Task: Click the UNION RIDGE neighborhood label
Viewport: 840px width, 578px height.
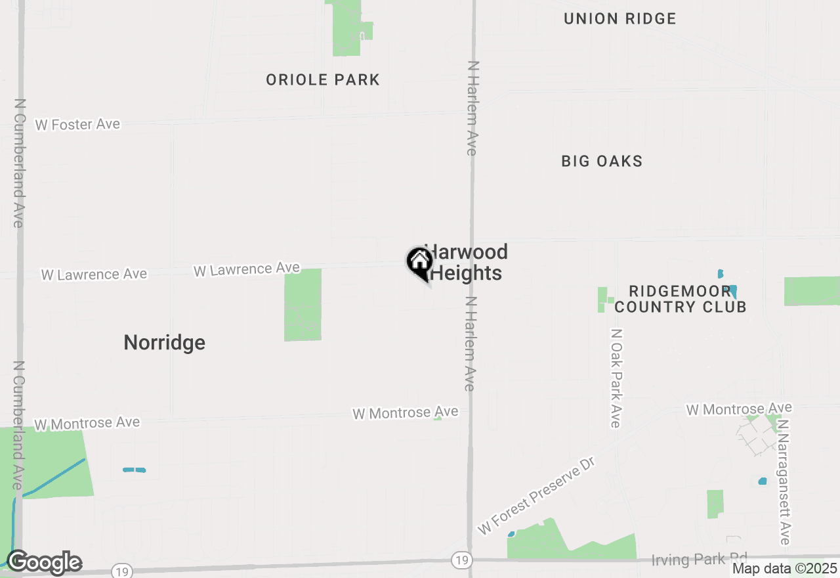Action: click(x=619, y=18)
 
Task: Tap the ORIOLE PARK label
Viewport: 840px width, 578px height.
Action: click(x=323, y=80)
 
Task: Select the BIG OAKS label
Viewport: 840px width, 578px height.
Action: click(x=602, y=161)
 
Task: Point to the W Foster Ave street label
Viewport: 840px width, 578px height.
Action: click(x=77, y=124)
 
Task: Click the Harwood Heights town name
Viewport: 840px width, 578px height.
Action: click(x=466, y=263)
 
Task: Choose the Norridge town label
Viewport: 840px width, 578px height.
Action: click(x=164, y=342)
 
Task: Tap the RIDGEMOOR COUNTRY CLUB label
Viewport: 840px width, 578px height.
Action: click(x=680, y=299)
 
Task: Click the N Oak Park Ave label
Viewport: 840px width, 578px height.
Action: click(x=616, y=378)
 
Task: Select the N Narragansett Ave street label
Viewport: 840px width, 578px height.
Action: click(x=783, y=483)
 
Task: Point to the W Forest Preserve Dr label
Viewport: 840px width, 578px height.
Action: click(x=535, y=496)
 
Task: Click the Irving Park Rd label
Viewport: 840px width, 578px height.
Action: click(x=699, y=560)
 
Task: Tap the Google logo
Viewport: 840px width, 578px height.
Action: click(x=44, y=563)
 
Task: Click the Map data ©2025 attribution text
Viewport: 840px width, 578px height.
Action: click(x=784, y=569)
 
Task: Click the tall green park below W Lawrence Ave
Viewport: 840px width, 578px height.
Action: click(x=303, y=305)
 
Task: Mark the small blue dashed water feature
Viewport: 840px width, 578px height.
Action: click(x=134, y=470)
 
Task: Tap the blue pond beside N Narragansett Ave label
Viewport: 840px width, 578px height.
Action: click(x=762, y=481)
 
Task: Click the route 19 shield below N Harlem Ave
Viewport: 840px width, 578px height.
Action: click(x=461, y=560)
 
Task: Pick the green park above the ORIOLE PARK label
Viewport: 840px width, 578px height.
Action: click(x=348, y=28)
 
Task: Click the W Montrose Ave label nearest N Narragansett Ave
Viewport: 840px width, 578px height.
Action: click(x=738, y=409)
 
